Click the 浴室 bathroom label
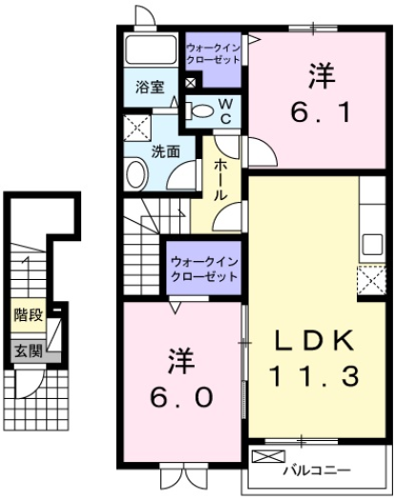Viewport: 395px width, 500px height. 150,87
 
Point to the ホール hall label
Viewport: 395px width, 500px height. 219,178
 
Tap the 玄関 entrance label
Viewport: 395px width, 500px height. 28,350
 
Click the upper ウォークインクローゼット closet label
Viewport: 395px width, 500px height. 214,52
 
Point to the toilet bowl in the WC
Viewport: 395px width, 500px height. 200,110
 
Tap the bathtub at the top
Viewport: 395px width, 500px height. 151,51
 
